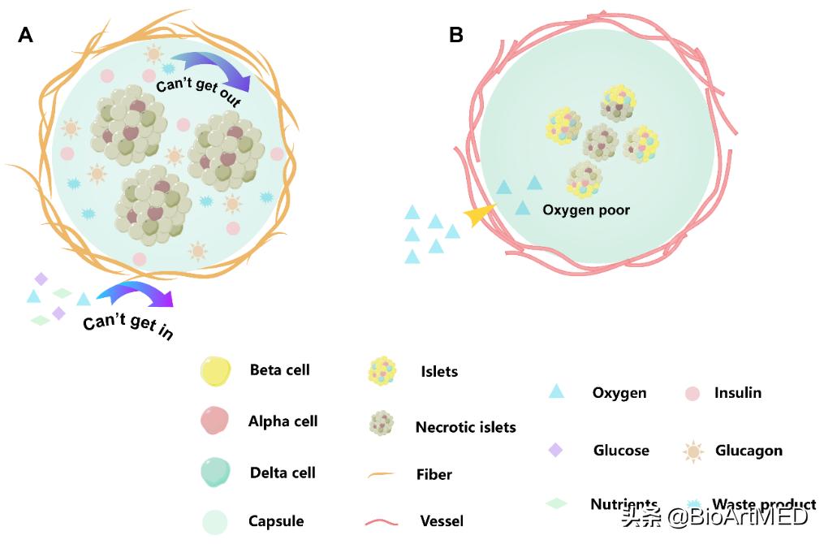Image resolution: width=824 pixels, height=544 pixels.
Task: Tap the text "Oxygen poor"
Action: point(586,209)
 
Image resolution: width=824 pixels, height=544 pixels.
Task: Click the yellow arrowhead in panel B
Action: point(478,214)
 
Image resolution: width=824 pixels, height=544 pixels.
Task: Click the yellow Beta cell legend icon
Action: point(216,371)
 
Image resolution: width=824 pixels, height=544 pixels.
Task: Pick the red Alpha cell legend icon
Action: point(216,421)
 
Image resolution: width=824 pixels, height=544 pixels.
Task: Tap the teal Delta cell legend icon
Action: point(216,472)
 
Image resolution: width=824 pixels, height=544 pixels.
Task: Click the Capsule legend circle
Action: point(216,521)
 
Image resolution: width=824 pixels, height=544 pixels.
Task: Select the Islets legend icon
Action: point(382,371)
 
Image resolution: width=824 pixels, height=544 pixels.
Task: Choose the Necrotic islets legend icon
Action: point(381,424)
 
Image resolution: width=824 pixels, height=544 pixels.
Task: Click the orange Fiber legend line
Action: point(381,474)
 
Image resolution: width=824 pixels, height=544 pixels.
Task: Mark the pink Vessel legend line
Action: point(381,521)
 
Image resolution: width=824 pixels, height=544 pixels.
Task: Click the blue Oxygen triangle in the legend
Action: point(556,391)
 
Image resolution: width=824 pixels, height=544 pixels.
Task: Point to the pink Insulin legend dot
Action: point(692,394)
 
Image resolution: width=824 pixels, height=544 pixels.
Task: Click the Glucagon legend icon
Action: point(692,451)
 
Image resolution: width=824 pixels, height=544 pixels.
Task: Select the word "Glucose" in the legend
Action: point(621,450)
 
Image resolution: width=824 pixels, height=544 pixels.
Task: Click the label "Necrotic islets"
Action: point(465,426)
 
